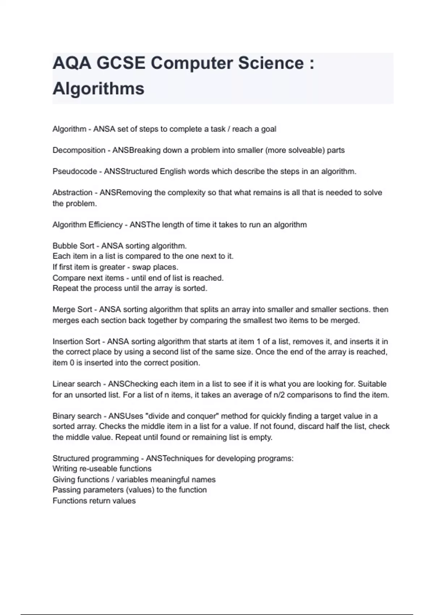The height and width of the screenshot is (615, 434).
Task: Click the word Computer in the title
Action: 192,63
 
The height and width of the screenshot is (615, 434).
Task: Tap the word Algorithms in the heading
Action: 98,89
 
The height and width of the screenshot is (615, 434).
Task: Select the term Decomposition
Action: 79,150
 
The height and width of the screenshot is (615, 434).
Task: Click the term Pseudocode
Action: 75,171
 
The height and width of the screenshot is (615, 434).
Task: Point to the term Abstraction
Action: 72,192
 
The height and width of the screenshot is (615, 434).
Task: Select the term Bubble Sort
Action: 73,246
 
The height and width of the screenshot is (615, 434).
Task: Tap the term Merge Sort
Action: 72,310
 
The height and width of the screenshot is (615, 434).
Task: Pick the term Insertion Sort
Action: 76,342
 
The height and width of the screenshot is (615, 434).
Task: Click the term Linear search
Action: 77,384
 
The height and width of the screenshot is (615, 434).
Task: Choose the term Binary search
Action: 77,416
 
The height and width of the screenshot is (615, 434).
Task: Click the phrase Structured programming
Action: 95,458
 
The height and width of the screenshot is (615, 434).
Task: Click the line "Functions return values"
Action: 94,501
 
